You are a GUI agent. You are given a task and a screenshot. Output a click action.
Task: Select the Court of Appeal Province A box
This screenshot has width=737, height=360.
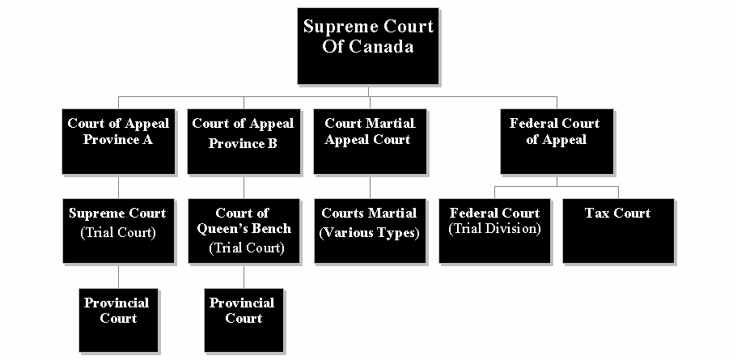[119, 142]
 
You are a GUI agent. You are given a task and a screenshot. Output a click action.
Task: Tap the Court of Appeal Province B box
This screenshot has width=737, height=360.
[244, 142]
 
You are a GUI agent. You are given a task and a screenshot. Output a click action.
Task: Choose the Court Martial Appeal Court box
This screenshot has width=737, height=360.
[370, 142]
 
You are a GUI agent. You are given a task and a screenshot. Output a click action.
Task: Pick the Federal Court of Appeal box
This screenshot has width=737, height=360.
[555, 142]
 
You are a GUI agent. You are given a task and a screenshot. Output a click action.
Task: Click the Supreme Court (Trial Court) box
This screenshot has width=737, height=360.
[119, 231]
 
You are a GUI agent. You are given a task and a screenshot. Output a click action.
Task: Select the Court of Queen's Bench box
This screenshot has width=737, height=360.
[244, 231]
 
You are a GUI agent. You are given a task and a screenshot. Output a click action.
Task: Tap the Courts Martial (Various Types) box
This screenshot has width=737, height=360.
[370, 231]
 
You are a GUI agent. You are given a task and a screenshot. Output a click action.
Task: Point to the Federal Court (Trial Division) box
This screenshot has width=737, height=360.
[495, 231]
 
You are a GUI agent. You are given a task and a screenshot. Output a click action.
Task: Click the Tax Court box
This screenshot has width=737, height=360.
[618, 231]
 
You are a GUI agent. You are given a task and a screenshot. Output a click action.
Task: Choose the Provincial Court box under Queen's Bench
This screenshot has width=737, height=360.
[244, 320]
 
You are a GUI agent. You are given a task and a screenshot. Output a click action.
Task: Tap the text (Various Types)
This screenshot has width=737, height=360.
[370, 234]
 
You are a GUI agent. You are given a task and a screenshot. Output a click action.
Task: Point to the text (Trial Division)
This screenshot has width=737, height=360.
[495, 229]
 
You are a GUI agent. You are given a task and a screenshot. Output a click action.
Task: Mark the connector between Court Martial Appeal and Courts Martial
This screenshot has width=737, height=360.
[370, 186]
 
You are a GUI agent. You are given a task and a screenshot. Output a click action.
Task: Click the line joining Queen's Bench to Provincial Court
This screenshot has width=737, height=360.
[244, 276]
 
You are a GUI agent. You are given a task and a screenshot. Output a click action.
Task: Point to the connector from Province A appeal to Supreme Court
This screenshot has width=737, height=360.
[119, 186]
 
